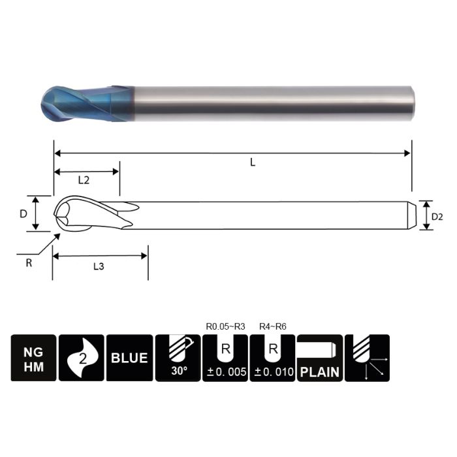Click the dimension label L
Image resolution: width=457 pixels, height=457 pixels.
click(253, 163)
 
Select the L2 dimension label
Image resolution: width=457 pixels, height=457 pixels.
click(84, 180)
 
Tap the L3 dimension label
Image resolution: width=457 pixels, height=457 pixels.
click(99, 266)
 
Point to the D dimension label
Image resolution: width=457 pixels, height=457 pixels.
click(23, 213)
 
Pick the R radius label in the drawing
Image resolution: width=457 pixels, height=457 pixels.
click(28, 262)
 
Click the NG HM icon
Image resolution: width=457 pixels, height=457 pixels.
click(33, 358)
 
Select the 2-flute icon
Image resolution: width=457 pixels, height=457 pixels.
click(81, 358)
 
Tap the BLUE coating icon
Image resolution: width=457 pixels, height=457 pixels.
click(129, 358)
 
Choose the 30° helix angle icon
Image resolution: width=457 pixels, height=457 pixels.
click(177, 358)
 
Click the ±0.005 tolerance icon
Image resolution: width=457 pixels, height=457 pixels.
click(225, 358)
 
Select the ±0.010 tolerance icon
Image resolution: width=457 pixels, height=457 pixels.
click(272, 358)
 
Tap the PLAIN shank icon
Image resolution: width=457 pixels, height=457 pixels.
click(319, 358)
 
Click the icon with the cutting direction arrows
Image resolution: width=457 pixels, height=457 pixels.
click(367, 358)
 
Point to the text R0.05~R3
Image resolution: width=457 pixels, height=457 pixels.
click(225, 326)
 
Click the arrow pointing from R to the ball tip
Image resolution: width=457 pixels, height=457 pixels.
click(44, 245)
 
